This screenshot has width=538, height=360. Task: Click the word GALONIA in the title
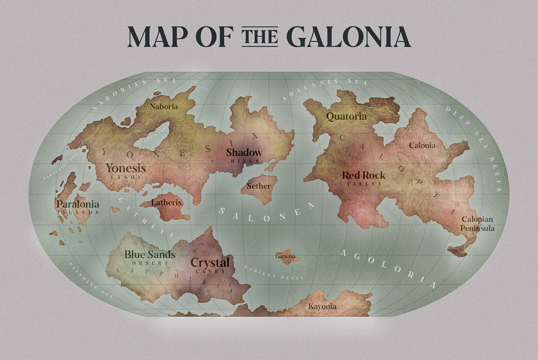[349, 37]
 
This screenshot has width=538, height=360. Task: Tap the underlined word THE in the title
[259, 36]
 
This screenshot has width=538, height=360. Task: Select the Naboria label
[164, 107]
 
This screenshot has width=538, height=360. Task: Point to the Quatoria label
[346, 116]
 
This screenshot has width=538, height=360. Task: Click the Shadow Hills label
[244, 155]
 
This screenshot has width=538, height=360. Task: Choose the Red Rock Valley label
[364, 178]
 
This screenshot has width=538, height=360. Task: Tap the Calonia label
[422, 145]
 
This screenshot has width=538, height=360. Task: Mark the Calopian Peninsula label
[477, 224]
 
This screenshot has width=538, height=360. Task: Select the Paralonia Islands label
[77, 207]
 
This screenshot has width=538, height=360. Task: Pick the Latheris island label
[166, 203]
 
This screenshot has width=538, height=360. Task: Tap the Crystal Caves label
[210, 265]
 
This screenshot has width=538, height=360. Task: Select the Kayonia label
[323, 306]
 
